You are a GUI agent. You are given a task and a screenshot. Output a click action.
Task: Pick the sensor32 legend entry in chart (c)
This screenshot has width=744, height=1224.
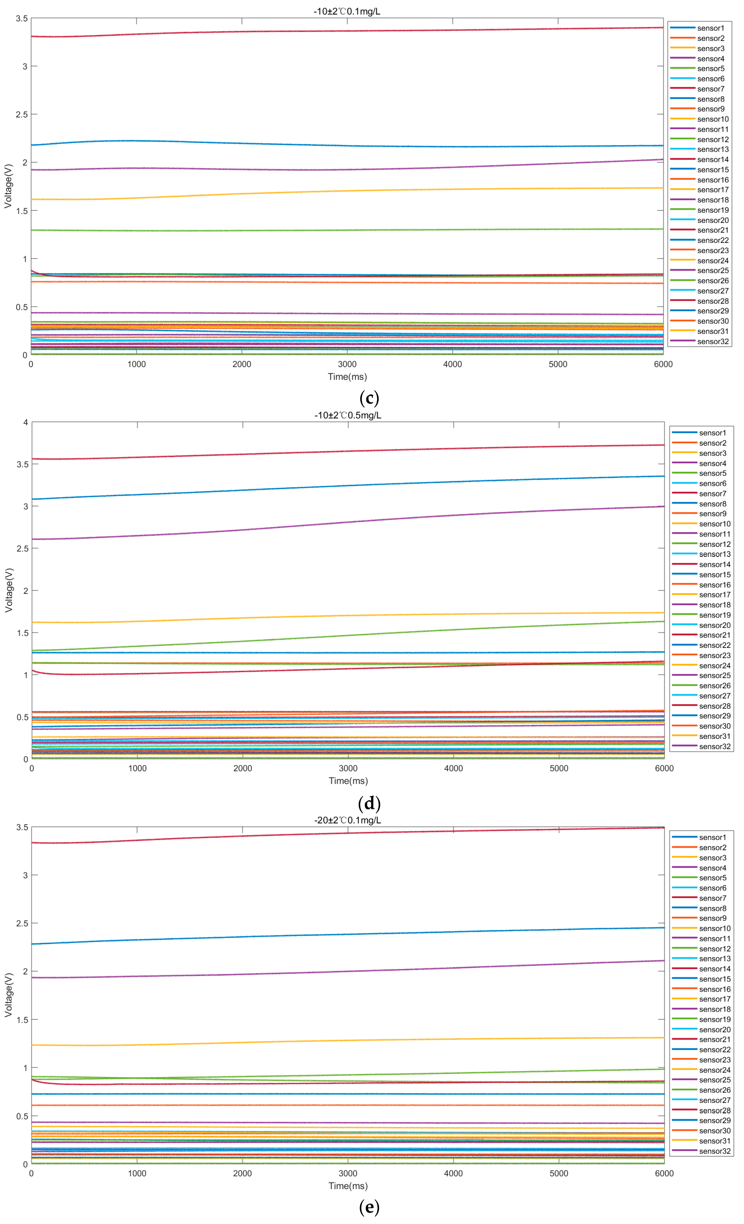click(713, 342)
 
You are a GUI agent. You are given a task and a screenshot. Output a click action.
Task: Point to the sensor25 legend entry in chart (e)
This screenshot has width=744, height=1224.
click(715, 1080)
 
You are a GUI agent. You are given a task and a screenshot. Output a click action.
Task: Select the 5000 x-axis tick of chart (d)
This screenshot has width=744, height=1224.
click(559, 768)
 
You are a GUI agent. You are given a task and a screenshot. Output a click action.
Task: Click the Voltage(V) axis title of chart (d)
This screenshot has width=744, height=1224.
click(8, 590)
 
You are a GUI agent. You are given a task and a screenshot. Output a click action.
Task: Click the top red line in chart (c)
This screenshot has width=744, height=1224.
click(347, 31)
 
